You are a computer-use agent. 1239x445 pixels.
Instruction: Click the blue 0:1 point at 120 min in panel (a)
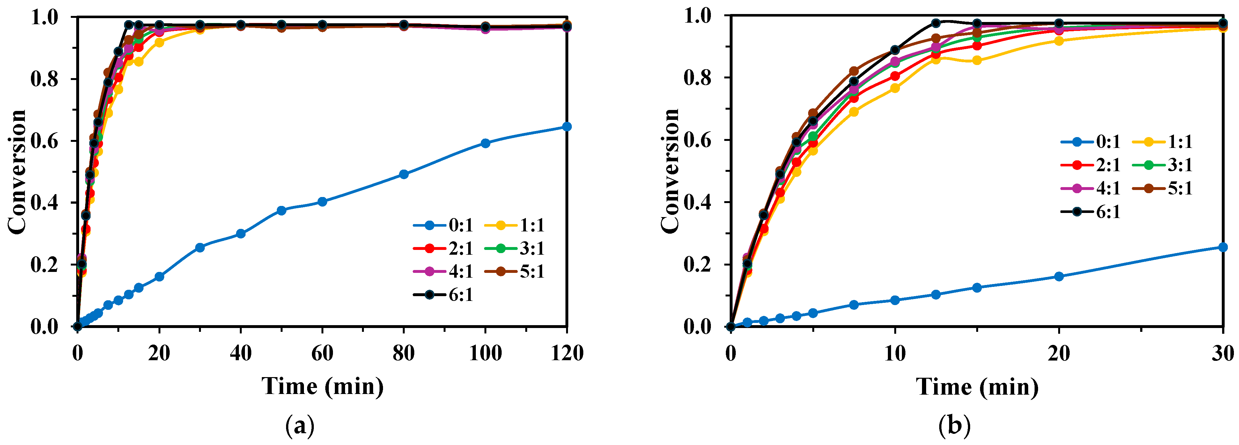[x=567, y=126]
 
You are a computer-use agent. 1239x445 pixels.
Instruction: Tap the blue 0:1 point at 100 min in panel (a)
[x=485, y=143]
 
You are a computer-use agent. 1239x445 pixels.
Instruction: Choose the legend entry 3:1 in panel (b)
[x=1170, y=165]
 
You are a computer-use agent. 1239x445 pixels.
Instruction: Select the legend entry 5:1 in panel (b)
[x=1170, y=188]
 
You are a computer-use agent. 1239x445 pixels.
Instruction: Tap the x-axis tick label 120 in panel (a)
[x=567, y=353]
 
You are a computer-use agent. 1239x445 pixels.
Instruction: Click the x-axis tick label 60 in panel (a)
[x=322, y=353]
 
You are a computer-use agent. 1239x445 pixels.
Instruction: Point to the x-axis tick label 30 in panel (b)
[x=1222, y=353]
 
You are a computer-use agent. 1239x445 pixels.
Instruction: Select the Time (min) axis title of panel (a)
[x=323, y=386]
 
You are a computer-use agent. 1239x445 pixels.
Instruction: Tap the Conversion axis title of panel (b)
[x=669, y=171]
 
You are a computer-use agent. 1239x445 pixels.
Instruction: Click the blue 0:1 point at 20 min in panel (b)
[x=1058, y=276]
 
